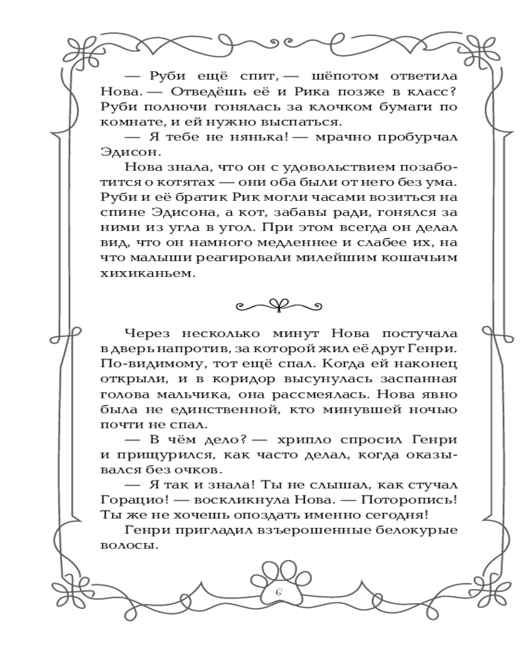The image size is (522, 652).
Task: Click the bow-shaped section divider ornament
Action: click(261, 303)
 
